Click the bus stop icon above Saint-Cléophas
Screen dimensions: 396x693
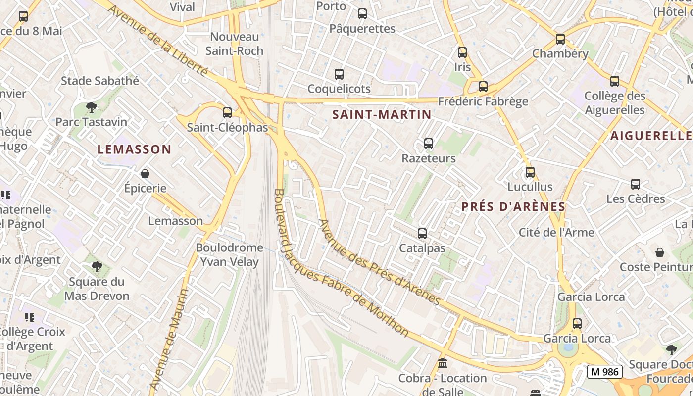coord(227,113)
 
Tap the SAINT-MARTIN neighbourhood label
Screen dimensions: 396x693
coord(382,114)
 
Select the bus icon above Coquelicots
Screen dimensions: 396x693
coord(339,74)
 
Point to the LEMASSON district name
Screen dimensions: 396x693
coord(134,149)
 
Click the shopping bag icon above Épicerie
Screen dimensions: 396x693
coord(145,174)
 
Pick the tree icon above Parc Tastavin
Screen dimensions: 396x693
coord(91,107)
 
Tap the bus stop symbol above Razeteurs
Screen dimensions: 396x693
coord(429,144)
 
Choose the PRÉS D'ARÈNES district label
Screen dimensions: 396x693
coord(513,206)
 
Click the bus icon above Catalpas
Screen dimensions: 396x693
coord(422,234)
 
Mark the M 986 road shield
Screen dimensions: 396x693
coord(604,371)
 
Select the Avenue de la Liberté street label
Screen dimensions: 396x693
coord(157,41)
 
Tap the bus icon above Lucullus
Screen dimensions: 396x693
coord(530,172)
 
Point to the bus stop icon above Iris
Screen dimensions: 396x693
coord(462,52)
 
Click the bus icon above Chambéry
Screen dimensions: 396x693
coord(560,39)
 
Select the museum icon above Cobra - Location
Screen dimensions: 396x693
coord(443,364)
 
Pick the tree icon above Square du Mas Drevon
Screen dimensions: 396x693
coord(97,267)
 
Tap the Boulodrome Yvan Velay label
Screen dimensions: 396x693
coord(229,254)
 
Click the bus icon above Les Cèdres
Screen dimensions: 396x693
coord(636,184)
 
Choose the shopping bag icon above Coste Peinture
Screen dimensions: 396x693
coord(660,252)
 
